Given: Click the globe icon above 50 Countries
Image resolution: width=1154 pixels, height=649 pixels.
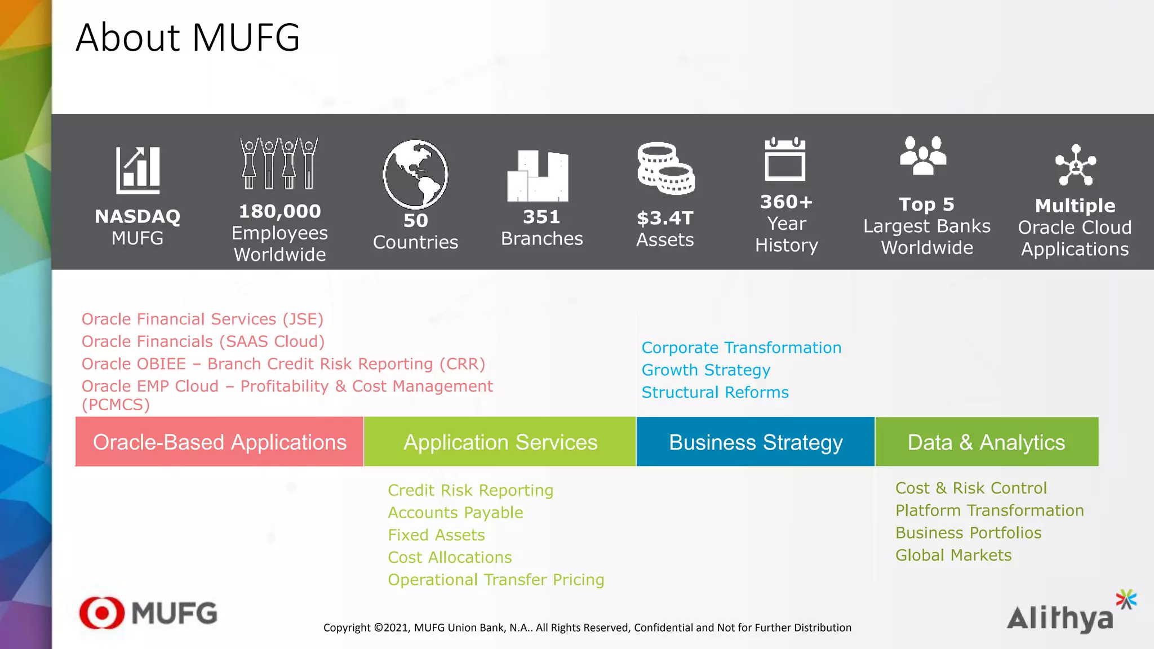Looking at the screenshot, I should pyautogui.click(x=415, y=174).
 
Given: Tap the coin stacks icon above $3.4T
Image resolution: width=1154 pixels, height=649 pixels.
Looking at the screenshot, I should pyautogui.click(x=665, y=168).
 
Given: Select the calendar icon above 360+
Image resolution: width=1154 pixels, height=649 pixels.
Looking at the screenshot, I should pyautogui.click(x=785, y=159).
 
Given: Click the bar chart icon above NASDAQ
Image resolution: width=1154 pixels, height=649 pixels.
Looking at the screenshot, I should pyautogui.click(x=138, y=170).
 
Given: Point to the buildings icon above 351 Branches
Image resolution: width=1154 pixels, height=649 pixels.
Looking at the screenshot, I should pyautogui.click(x=538, y=176).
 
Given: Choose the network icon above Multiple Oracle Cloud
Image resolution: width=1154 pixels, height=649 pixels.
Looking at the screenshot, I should pyautogui.click(x=1075, y=165).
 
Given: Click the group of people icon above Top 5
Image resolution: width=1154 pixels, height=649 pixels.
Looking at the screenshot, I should pyautogui.click(x=923, y=155).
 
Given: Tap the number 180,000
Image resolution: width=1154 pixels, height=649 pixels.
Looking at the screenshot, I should pyautogui.click(x=279, y=211).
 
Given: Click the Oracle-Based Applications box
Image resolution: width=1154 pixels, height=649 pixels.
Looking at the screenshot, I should pyautogui.click(x=219, y=442).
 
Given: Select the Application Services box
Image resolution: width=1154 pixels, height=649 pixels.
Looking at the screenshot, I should pyautogui.click(x=500, y=442).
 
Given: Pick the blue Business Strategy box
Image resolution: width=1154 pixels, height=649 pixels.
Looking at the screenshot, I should pyautogui.click(x=755, y=442).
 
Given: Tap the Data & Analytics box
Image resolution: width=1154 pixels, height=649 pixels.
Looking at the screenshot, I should pyautogui.click(x=986, y=442).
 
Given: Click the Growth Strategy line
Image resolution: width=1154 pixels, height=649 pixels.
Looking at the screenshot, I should pyautogui.click(x=705, y=370).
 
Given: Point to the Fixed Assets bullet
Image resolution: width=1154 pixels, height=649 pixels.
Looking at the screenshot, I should pyautogui.click(x=436, y=535).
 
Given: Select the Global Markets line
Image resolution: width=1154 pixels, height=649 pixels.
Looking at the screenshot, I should pyautogui.click(x=953, y=555).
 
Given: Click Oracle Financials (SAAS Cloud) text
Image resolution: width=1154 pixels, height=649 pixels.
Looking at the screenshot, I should pyautogui.click(x=203, y=341).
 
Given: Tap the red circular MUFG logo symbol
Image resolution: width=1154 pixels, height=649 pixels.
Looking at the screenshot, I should pyautogui.click(x=102, y=612).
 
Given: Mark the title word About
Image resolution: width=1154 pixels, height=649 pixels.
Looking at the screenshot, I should pyautogui.click(x=128, y=38).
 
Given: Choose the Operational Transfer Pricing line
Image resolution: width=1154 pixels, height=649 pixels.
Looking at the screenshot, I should pyautogui.click(x=496, y=580).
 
